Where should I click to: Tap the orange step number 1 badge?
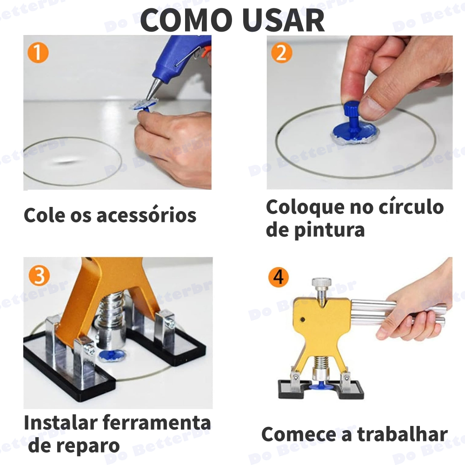coord(38,53)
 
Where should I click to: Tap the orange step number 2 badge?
coord(281,53)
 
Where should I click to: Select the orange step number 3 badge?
coord(40,275)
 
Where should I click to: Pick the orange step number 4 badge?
coord(278,277)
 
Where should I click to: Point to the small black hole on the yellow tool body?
coord(303,319)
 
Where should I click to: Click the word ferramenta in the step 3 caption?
coord(157,423)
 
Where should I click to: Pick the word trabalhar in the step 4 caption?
coord(402,434)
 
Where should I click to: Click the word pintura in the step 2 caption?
coord(329,230)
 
